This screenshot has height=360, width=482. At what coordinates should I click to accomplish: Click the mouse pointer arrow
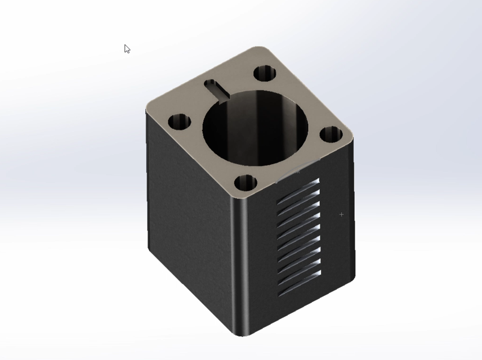pos(127,48)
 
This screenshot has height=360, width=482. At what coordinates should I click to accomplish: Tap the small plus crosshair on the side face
pos(341,214)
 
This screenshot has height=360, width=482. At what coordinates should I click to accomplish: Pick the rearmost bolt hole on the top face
pos(264,73)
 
